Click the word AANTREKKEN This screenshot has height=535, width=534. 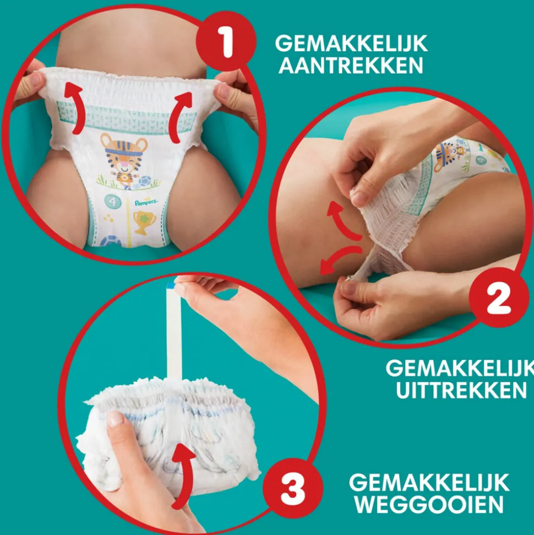click(x=351, y=65)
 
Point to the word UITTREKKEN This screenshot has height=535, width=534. click(x=461, y=390)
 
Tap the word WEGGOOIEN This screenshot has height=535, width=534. click(x=429, y=504)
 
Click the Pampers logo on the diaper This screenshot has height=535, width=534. click(x=145, y=202)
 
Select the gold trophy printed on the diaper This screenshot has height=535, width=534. click(x=145, y=222)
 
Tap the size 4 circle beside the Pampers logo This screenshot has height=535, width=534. click(x=113, y=202)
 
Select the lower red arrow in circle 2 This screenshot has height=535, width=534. click(x=338, y=258)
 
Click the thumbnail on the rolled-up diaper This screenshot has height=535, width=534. click(x=115, y=418)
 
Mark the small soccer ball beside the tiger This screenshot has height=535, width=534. click(x=144, y=181)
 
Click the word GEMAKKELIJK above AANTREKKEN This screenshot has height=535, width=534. click(x=351, y=44)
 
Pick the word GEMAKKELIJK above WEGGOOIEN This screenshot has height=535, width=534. click(x=429, y=482)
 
